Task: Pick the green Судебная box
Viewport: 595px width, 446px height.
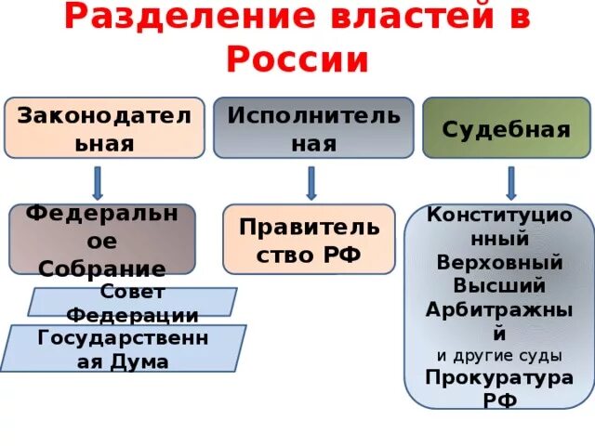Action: (506, 127)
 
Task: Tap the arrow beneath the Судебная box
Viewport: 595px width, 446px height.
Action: (510, 182)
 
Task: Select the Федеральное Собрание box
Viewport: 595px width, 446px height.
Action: (102, 239)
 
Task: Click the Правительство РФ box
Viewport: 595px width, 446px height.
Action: (309, 239)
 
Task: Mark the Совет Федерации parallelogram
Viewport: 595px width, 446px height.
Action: (131, 303)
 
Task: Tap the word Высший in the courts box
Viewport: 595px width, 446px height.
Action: (499, 285)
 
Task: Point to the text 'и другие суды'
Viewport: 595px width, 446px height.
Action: (498, 354)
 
